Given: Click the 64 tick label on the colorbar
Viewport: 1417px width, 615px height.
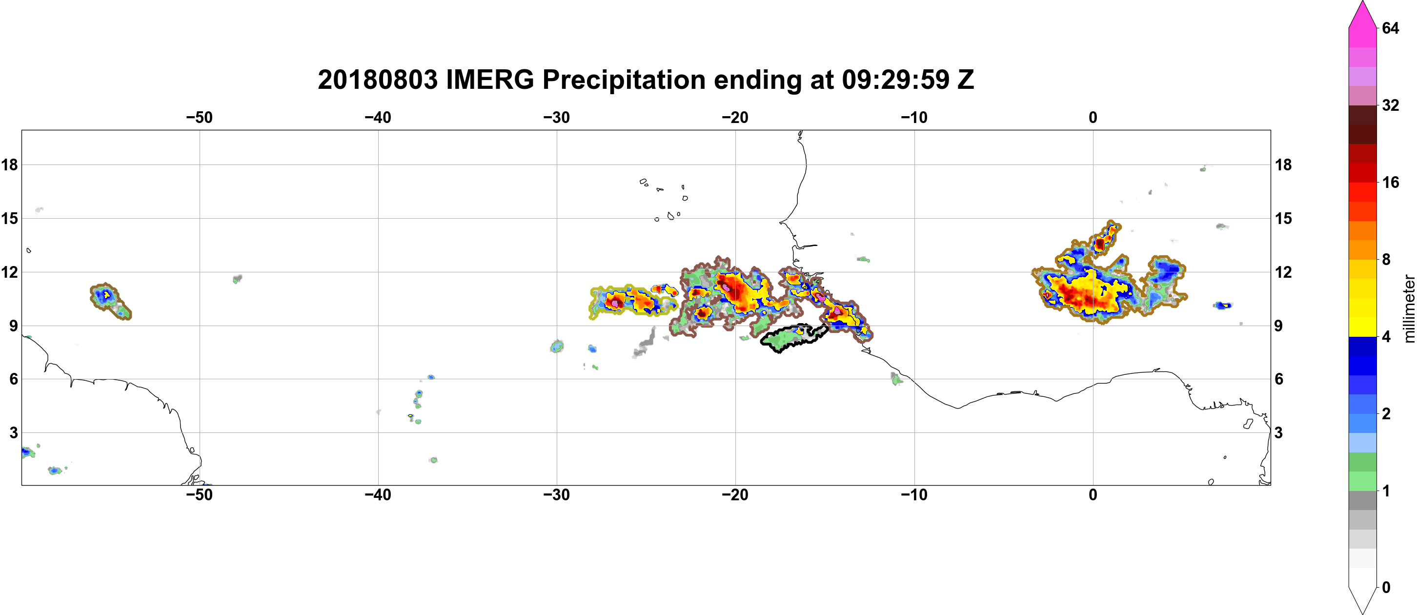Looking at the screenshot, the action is pos(1390,28).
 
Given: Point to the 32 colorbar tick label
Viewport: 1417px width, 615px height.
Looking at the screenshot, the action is pos(1390,105).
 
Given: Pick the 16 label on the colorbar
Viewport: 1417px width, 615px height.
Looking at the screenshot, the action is pos(1390,182).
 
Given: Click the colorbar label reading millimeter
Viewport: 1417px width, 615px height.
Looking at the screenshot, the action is pos(1409,308).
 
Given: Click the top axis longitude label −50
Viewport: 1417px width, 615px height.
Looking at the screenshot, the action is pos(199,117).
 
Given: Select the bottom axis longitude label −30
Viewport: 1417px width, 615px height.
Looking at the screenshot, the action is pos(557,495).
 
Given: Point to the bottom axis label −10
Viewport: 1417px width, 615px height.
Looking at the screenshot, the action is pos(914,495).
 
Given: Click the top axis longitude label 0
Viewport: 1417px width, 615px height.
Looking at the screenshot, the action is pos(1093,117).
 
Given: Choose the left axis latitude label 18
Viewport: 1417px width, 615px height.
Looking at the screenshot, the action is pos(9,164).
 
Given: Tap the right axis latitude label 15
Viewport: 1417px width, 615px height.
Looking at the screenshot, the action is pos(1283,218).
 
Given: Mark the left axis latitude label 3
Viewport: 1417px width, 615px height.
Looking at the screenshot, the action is pos(14,433).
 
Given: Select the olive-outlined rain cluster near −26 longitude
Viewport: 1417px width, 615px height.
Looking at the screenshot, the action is pos(632,302).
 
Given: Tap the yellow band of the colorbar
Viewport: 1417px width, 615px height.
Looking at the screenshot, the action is pos(1362,307).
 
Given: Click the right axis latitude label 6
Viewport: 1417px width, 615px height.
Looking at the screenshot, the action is pos(1279,379).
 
